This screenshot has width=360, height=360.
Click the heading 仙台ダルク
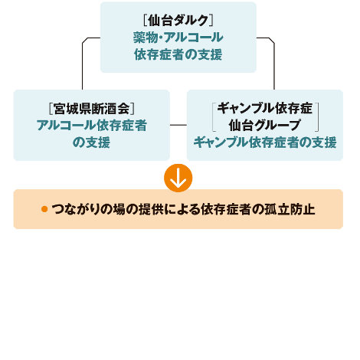[178, 21]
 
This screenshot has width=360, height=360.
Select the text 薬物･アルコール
[178, 38]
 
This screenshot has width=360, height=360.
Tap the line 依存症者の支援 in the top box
[178, 54]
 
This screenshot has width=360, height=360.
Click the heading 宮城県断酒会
[92, 109]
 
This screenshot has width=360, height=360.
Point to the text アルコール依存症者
[92, 126]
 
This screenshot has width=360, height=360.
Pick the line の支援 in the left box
[92, 142]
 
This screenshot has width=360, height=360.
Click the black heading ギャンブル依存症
[265, 108]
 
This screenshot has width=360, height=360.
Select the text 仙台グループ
[265, 125]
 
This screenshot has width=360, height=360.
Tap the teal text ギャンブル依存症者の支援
[265, 142]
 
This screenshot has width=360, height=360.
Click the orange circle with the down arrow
[178, 178]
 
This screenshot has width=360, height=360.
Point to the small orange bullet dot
[44, 209]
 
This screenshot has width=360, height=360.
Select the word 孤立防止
[290, 209]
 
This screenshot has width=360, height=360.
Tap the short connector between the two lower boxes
[178, 125]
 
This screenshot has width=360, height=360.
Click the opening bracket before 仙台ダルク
[145, 21]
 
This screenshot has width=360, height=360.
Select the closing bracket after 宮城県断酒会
[133, 109]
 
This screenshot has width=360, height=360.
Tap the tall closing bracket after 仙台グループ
[317, 117]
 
